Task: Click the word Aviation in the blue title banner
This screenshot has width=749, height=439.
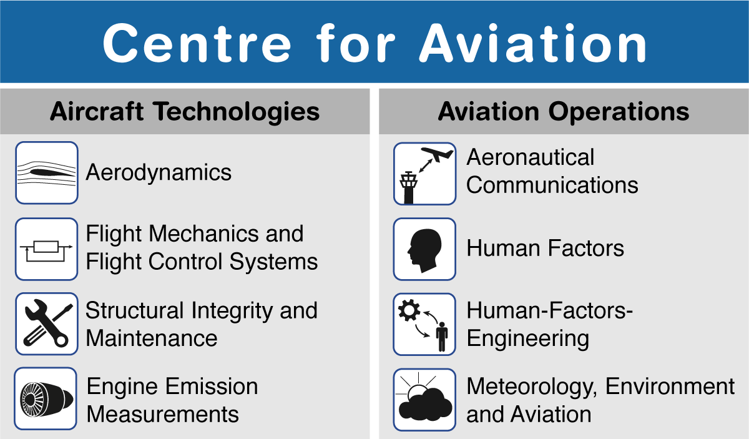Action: point(533,43)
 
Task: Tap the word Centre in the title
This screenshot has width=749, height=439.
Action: point(197,43)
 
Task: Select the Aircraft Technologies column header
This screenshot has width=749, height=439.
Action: point(185,112)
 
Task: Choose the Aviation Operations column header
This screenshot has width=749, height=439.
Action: point(564,112)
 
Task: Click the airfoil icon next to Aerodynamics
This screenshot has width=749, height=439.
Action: point(46,172)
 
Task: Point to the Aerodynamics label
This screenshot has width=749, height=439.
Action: point(159,172)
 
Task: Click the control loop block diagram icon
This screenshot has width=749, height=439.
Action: point(46,249)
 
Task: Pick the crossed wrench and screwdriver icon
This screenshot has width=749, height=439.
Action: point(46,323)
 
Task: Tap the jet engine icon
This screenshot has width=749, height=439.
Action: point(46,398)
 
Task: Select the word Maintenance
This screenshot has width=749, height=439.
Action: point(152,338)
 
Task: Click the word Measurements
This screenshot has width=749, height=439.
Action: point(163,414)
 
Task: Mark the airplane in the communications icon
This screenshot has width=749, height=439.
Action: point(437,154)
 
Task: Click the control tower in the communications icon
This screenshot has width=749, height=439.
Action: point(409,187)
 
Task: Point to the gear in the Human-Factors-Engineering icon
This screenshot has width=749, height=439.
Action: point(409,310)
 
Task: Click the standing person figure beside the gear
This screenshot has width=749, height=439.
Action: point(442,337)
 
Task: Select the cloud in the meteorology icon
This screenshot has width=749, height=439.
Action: point(426,404)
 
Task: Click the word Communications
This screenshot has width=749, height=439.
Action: point(552,185)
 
